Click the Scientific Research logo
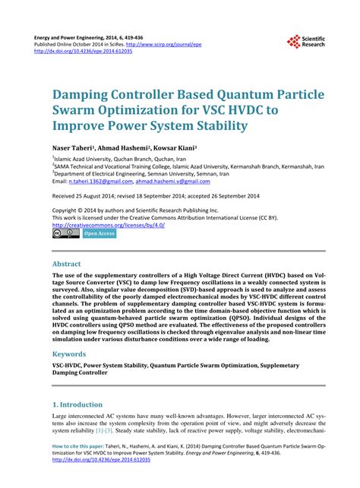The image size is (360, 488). point(306,43)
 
